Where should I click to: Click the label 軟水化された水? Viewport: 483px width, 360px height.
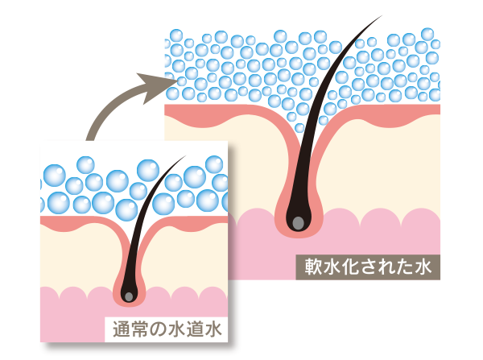click(365, 263)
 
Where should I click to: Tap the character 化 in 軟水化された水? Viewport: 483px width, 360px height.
click(348, 263)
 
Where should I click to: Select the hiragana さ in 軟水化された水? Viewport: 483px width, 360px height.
click(365, 263)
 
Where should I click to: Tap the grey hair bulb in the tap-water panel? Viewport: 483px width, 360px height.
click(127, 296)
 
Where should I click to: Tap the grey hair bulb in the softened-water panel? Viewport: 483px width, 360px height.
click(297, 220)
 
